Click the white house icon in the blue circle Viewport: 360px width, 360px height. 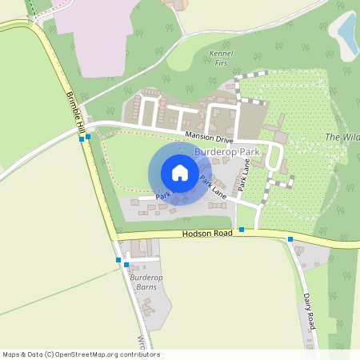pos(180,173)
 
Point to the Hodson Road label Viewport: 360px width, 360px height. pos(207,233)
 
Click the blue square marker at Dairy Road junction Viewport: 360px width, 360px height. pos(290,239)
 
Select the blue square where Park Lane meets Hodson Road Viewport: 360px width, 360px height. pos(241,230)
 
